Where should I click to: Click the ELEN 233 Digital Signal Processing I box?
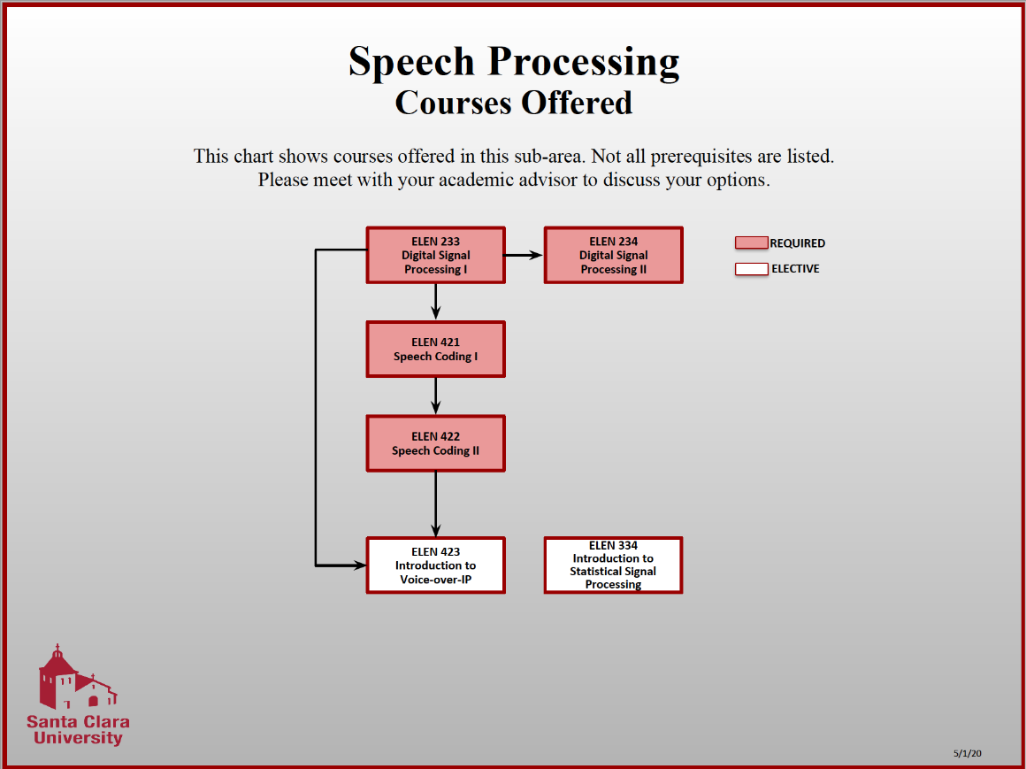point(435,255)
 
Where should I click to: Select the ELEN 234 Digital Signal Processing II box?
point(613,255)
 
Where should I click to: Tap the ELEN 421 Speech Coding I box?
point(435,349)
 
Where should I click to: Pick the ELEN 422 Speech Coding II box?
point(435,442)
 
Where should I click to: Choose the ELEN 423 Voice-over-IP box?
point(435,565)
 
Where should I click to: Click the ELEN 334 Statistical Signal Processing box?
point(613,565)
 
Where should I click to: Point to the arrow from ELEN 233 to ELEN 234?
point(524,255)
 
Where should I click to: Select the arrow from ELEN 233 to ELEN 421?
point(435,302)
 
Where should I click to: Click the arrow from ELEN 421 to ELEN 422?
point(435,396)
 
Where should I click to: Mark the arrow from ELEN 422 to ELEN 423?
point(435,504)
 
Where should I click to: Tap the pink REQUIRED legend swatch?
point(751,242)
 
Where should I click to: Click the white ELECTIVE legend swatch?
point(751,269)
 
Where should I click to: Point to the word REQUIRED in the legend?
point(797,243)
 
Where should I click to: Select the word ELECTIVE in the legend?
point(795,269)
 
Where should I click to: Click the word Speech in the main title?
point(412,62)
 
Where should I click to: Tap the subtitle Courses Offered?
point(514,103)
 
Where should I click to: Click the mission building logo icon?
point(75,678)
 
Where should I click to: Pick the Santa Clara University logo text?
point(78,729)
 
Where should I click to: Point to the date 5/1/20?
point(968,753)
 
